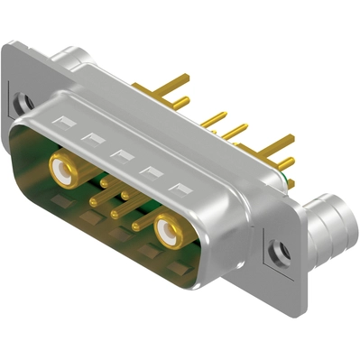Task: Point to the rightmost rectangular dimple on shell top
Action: click(x=181, y=190)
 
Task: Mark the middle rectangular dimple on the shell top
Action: click(x=122, y=156)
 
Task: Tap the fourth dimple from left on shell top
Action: click(x=152, y=173)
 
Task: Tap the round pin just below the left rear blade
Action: click(x=179, y=101)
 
